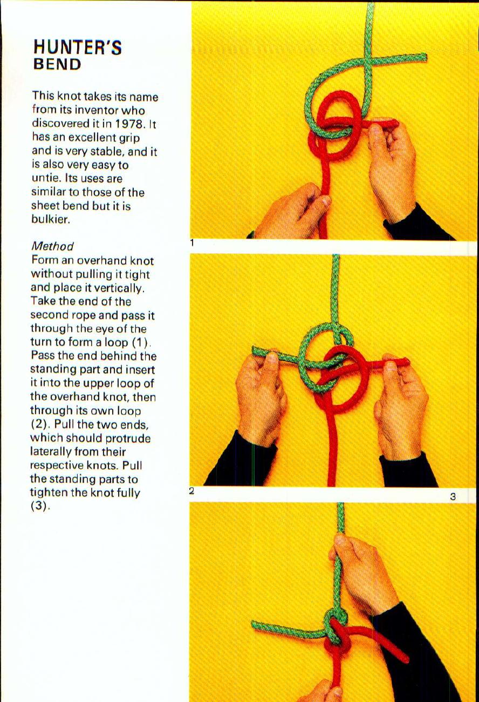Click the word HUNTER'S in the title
coord(77,48)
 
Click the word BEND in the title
coord(57,65)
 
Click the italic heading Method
coord(52,246)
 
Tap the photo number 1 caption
coord(191,243)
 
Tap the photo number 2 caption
coord(191,491)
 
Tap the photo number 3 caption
coord(453,496)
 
